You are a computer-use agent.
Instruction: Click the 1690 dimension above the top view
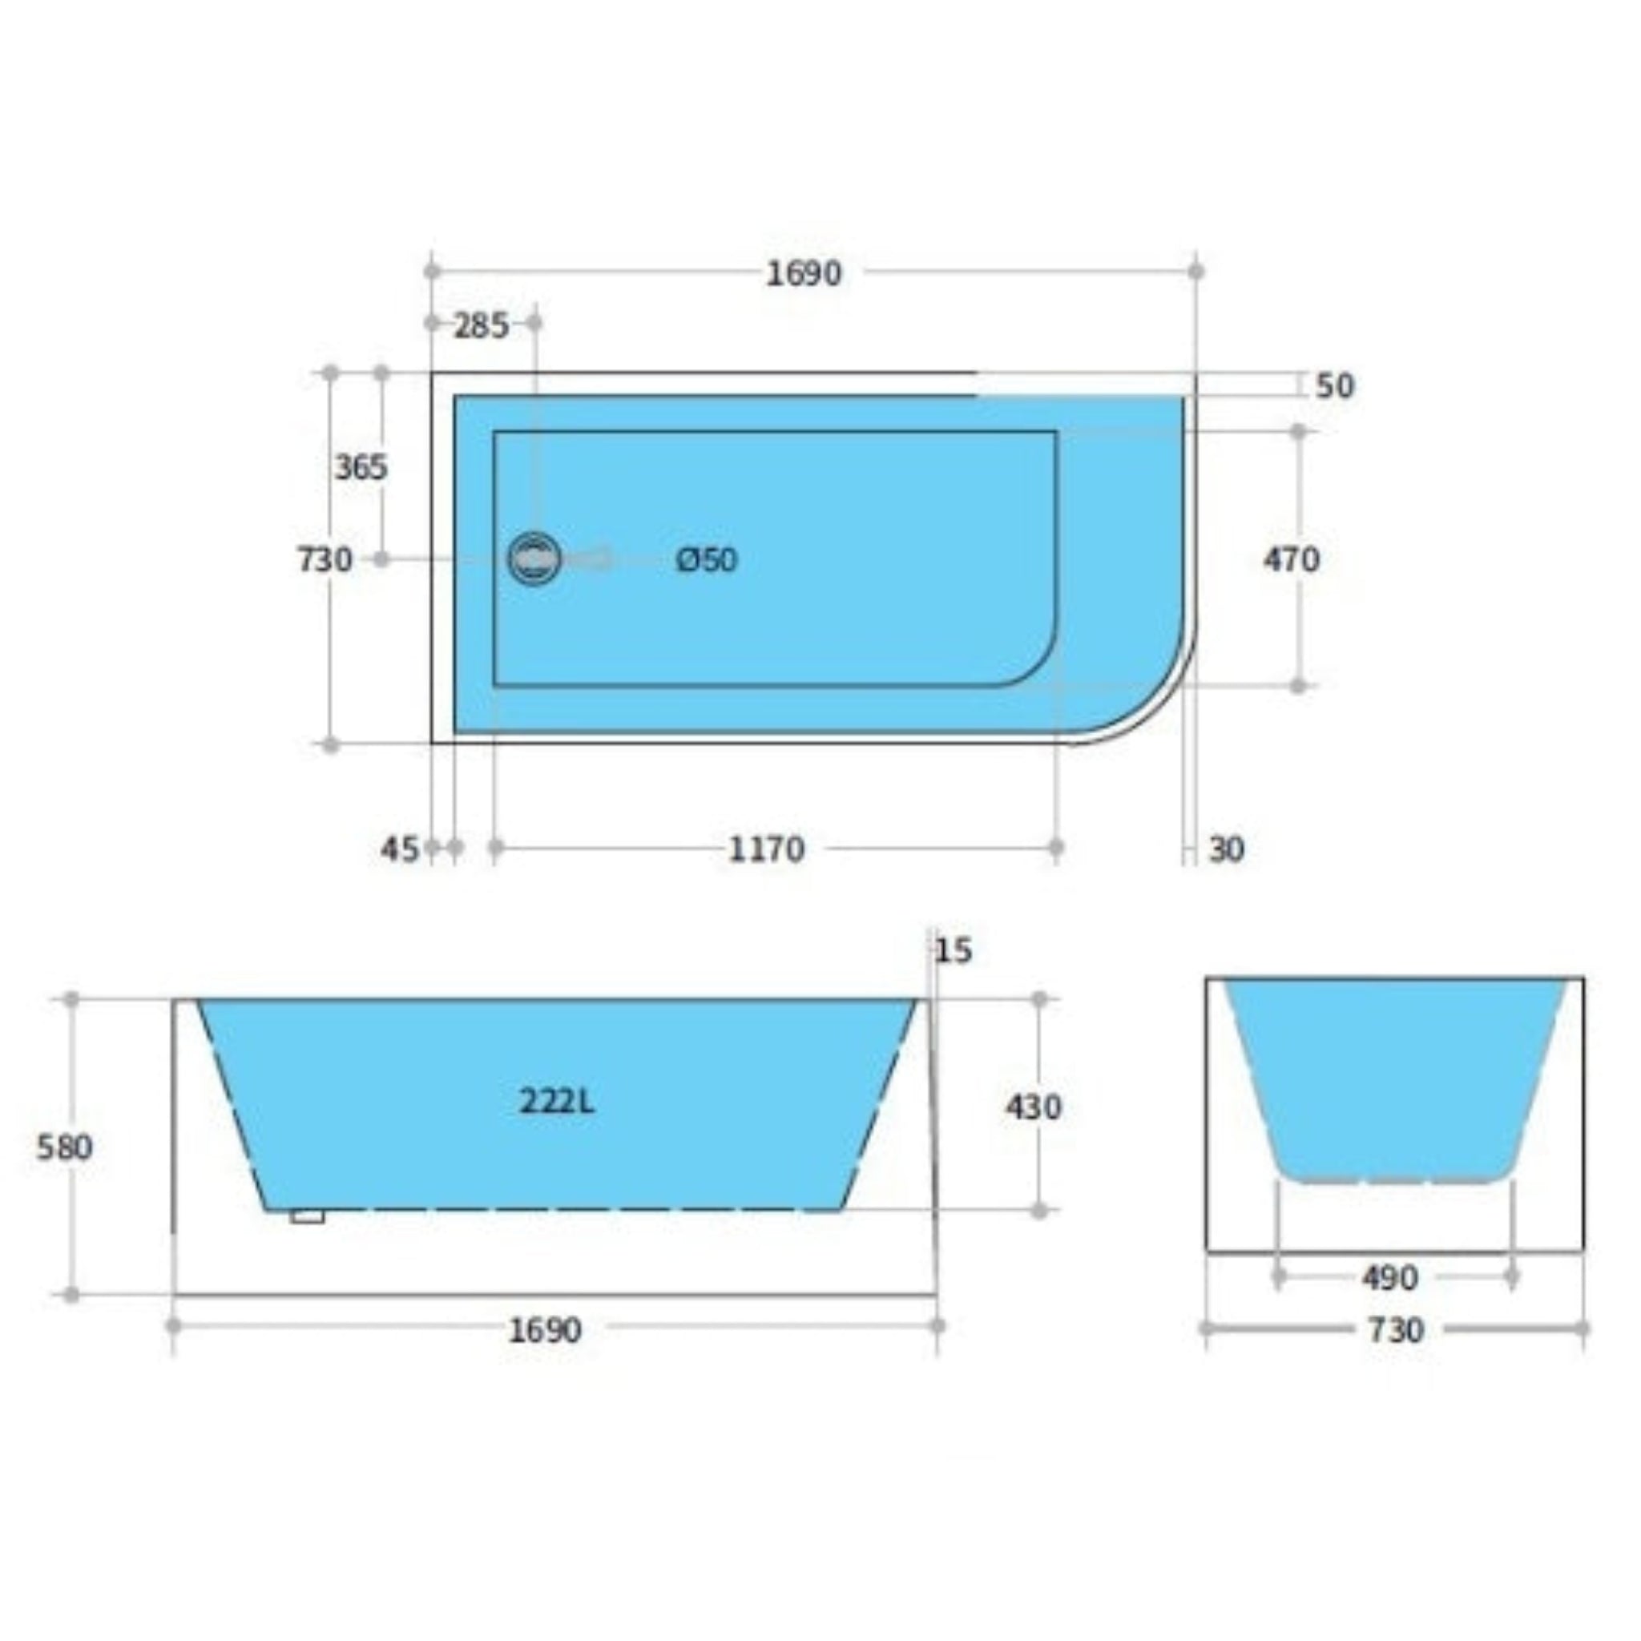point(804,273)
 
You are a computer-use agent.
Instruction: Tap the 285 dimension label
point(481,325)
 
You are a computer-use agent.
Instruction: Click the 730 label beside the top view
point(325,560)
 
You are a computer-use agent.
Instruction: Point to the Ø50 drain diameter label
point(707,560)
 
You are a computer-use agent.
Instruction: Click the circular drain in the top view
point(534,558)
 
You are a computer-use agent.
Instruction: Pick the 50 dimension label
point(1334,386)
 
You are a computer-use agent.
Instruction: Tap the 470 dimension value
point(1291,560)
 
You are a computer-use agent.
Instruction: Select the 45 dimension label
point(399,849)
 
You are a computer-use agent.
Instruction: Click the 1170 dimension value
point(766,849)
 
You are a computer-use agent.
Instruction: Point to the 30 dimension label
point(1226,849)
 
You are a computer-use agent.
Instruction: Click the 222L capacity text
point(557,1102)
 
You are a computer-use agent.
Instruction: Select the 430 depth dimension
point(1033,1107)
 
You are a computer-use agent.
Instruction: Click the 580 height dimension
point(65,1147)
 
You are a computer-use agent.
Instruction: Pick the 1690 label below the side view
point(546,1330)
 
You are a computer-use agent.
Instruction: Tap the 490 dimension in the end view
point(1389,1277)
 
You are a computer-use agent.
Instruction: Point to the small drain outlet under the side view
point(307,1216)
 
